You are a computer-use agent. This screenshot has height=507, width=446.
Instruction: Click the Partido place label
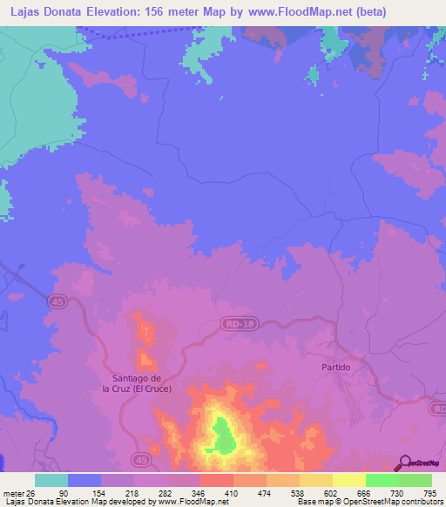tap(335, 368)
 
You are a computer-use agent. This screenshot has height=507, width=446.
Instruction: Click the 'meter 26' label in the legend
tap(17, 494)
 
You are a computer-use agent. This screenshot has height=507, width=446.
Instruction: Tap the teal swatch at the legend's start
tap(51, 480)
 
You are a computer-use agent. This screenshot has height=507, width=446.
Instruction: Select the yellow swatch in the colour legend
tap(348, 480)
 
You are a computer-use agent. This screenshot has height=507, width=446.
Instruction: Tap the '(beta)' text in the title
tap(367, 11)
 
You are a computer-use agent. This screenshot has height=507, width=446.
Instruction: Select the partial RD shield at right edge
tap(438, 408)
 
